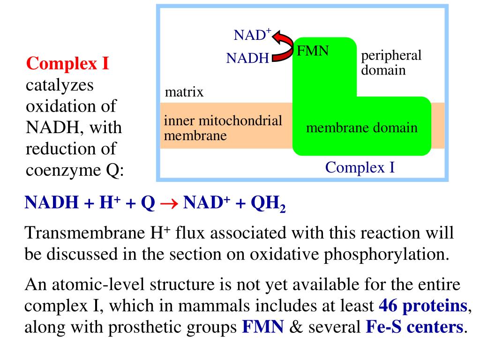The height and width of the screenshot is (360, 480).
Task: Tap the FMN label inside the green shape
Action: pyautogui.click(x=313, y=50)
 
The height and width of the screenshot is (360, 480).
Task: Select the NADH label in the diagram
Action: pyautogui.click(x=247, y=58)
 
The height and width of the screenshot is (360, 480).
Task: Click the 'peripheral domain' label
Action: pyautogui.click(x=391, y=63)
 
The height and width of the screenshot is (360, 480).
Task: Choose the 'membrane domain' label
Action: pyautogui.click(x=361, y=127)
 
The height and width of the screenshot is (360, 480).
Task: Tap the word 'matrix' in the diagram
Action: pyautogui.click(x=184, y=91)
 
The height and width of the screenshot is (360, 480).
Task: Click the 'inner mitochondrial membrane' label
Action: pyautogui.click(x=223, y=128)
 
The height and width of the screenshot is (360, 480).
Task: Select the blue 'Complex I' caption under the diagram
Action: pyautogui.click(x=360, y=167)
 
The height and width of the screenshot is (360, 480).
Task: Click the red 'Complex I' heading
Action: pyautogui.click(x=68, y=63)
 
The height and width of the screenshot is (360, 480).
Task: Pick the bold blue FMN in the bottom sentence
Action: pyautogui.click(x=263, y=327)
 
